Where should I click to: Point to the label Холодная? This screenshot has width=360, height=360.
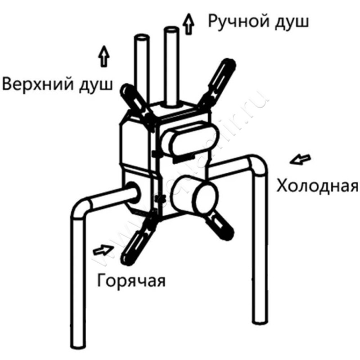[x=317, y=185]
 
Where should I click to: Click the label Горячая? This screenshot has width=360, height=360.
[x=131, y=281]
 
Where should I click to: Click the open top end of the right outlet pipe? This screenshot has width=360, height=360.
[x=171, y=30]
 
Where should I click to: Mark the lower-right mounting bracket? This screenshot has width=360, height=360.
[x=222, y=222]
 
